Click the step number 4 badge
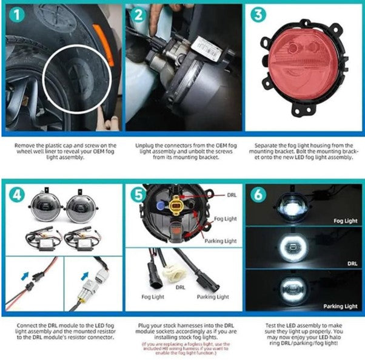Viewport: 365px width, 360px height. click(16, 195)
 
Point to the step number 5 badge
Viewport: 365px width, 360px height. click(139, 195)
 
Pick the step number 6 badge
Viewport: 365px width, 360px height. click(258, 195)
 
